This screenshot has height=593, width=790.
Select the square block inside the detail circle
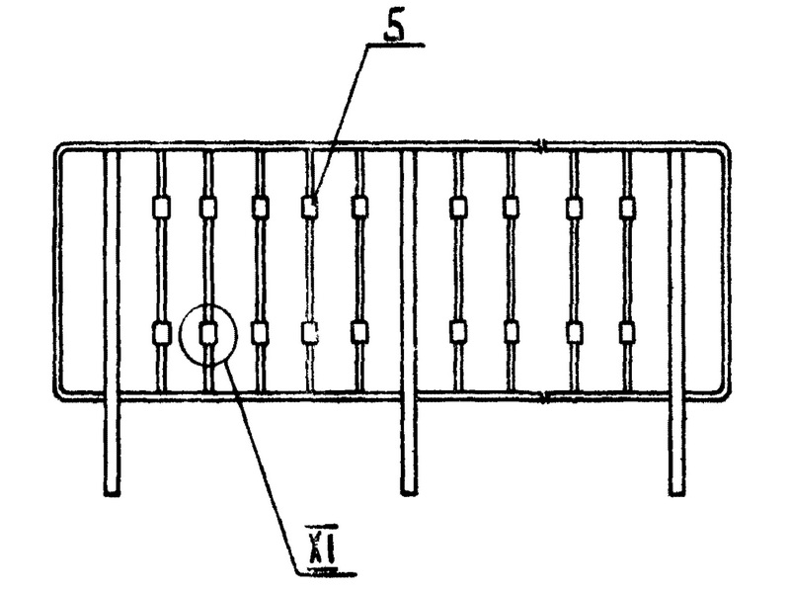click(x=208, y=333)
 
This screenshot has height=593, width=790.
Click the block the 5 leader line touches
click(x=310, y=208)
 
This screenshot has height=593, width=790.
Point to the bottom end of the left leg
click(x=112, y=488)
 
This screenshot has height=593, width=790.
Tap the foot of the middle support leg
click(x=409, y=488)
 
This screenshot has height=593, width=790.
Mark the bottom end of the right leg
click(x=676, y=488)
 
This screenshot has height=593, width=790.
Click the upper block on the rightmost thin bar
click(x=626, y=208)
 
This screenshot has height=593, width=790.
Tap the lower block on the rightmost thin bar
click(x=626, y=332)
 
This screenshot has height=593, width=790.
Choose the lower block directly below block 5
click(x=310, y=333)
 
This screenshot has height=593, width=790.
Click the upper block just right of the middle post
click(x=458, y=208)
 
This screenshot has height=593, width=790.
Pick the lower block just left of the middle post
click(x=359, y=332)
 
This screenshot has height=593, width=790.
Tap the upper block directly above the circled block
click(x=208, y=208)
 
